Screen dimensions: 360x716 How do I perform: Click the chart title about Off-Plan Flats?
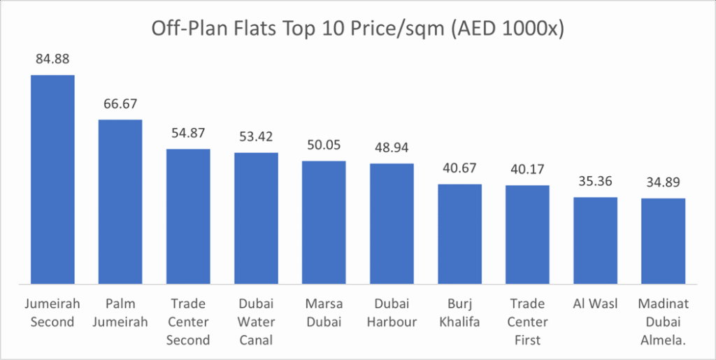[357, 29]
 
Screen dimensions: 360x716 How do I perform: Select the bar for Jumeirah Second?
[52, 179]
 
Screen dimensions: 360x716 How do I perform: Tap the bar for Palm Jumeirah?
[120, 201]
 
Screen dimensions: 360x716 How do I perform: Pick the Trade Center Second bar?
[188, 216]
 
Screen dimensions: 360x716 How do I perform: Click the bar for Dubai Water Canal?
[256, 218]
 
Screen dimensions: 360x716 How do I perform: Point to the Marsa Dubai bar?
[324, 222]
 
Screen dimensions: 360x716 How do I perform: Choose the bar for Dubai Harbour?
[392, 224]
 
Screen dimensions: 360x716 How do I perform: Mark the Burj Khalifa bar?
[459, 234]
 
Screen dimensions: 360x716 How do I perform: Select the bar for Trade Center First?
[527, 235]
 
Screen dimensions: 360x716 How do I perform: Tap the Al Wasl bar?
[595, 240]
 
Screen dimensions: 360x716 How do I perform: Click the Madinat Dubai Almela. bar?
[663, 241]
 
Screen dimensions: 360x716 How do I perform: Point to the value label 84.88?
[52, 59]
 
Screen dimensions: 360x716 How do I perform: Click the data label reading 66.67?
[120, 104]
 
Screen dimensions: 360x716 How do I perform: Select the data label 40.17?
[527, 170]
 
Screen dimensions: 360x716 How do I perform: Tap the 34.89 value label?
[663, 183]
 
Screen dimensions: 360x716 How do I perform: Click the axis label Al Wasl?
[595, 304]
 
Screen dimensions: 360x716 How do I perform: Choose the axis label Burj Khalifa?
[459, 312]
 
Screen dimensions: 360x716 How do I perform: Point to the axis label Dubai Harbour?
[392, 312]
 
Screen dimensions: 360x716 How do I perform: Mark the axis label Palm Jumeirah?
[120, 312]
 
